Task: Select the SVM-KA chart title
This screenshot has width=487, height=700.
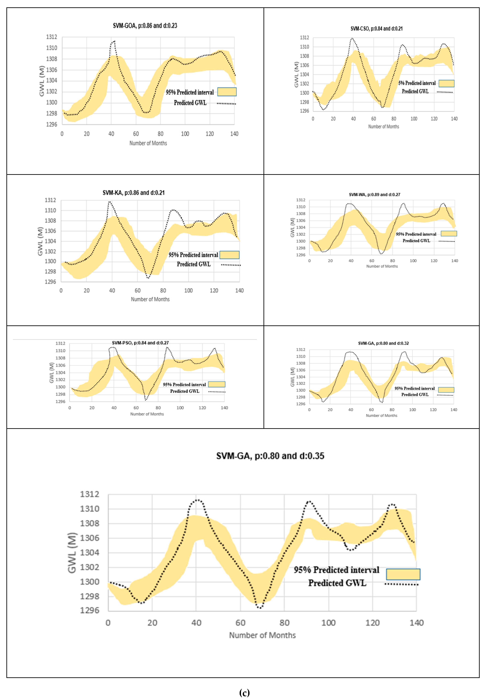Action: click(x=134, y=193)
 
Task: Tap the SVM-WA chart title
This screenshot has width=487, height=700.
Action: click(x=374, y=195)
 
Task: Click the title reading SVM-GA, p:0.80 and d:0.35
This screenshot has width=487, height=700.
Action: click(x=270, y=456)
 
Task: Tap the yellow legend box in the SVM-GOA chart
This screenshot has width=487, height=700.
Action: click(x=227, y=92)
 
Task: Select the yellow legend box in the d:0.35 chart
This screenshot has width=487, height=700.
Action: click(x=403, y=574)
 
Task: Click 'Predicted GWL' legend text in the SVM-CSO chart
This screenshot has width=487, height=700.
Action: click(x=415, y=91)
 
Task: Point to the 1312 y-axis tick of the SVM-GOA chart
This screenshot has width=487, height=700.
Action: click(x=51, y=37)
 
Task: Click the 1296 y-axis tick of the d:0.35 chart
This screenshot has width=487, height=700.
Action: click(x=90, y=610)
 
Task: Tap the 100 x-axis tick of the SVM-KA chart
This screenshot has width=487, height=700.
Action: click(x=188, y=291)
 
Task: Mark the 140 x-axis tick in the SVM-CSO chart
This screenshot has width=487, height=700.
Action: click(x=454, y=119)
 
